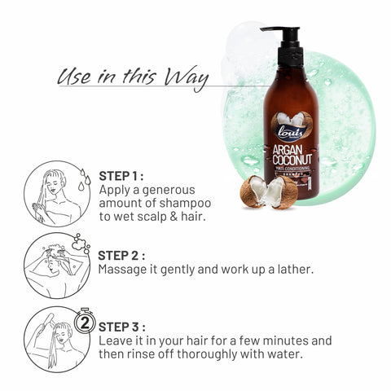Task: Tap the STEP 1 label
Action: coord(121,175)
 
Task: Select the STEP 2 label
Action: coord(123,254)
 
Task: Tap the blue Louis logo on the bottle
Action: coord(291,130)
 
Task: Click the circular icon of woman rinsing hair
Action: coord(57,338)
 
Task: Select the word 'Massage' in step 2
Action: coord(125,268)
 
